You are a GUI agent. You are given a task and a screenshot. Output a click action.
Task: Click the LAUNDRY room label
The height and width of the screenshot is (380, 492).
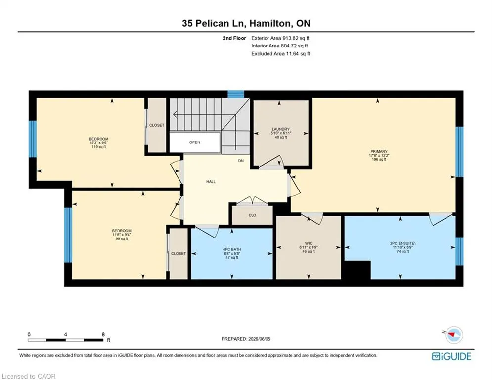click(280, 129)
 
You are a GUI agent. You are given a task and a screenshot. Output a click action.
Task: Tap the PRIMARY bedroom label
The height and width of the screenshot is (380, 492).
click(379, 152)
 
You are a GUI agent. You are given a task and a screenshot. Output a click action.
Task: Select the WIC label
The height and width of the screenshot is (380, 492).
click(309, 243)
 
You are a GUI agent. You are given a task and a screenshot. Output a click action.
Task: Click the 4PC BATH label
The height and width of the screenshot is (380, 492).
click(232, 250)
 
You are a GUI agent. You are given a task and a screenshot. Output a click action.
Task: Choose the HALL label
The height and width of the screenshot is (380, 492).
click(211, 182)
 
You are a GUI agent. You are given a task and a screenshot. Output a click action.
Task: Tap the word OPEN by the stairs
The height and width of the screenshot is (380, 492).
click(194, 142)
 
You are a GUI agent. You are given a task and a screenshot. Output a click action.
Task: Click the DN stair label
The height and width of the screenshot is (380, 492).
click(241, 161)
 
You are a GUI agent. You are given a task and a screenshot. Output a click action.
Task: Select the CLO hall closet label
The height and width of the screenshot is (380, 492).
click(252, 215)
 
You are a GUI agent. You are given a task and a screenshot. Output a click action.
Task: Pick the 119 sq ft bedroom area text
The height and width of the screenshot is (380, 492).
click(98, 147)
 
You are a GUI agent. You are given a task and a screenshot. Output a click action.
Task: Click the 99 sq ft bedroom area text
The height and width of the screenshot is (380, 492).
click(122, 238)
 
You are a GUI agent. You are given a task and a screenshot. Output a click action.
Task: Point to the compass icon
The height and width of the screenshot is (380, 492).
click(454, 335)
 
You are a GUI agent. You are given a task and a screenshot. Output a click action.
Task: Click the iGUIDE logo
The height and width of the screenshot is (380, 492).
click(451, 356)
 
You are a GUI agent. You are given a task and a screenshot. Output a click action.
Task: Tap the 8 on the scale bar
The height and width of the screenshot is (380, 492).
click(103, 335)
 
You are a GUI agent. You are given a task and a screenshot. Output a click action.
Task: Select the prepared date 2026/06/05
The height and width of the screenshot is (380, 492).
click(259, 339)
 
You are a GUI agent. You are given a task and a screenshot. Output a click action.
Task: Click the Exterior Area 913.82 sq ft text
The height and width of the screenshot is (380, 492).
click(280, 38)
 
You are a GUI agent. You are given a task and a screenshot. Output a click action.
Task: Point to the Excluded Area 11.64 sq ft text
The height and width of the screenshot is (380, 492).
click(280, 54)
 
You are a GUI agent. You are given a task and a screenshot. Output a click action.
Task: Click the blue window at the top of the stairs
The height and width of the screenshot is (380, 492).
click(236, 94)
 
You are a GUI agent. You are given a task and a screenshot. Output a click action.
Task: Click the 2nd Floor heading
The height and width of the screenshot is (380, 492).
click(234, 38)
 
